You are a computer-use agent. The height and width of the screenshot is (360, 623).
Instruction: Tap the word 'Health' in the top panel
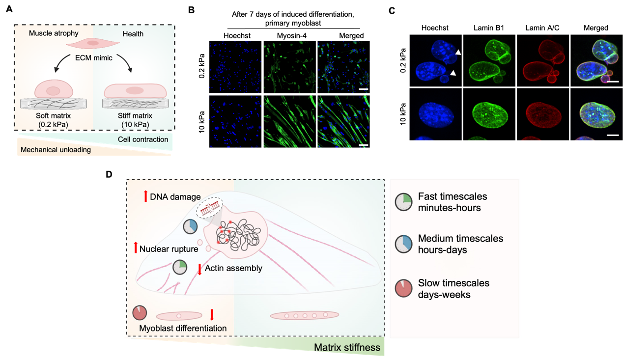[133, 33]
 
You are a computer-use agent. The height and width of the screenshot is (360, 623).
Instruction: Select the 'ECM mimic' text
[93, 58]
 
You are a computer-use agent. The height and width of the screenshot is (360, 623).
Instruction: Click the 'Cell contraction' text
[143, 139]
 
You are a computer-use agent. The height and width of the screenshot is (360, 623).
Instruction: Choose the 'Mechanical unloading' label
[56, 150]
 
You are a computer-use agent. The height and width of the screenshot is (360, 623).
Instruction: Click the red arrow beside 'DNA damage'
[145, 196]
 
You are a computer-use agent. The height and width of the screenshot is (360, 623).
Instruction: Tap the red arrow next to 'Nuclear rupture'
[136, 249]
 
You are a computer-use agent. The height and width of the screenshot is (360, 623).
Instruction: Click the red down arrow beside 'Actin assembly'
[200, 269]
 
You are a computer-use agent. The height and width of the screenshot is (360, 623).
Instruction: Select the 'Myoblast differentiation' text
[183, 328]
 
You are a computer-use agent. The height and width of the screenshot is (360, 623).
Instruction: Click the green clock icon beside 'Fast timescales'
[403, 202]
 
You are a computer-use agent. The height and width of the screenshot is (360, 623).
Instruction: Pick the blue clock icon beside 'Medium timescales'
[403, 244]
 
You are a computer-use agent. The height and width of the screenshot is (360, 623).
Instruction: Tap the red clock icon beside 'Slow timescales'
[403, 289]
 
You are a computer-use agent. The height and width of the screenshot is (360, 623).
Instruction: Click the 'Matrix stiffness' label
[347, 348]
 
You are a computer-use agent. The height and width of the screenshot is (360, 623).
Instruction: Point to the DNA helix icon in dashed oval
[209, 209]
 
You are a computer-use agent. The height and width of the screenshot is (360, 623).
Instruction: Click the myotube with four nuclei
[305, 315]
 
